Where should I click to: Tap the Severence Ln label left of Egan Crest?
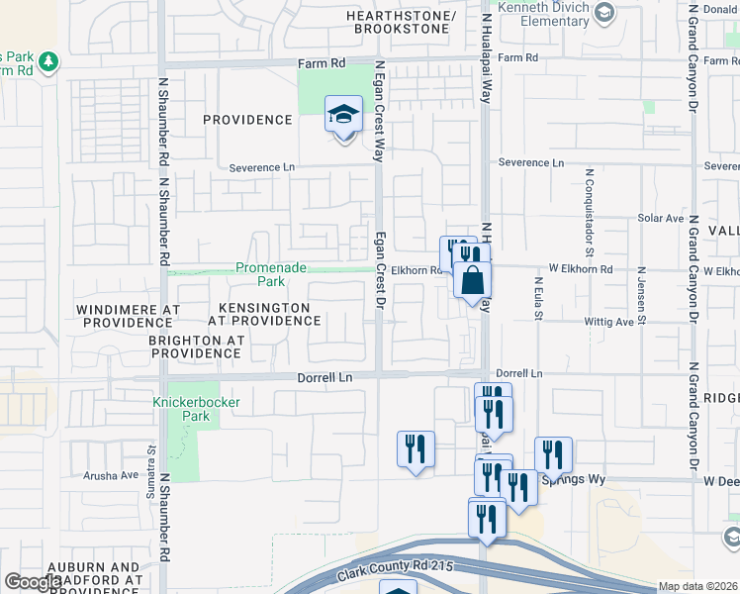tap(262, 167)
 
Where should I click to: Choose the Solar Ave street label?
tap(661, 218)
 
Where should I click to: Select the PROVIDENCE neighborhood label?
tap(247, 120)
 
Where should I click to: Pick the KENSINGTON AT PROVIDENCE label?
tap(263, 315)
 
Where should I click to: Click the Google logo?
tap(34, 582)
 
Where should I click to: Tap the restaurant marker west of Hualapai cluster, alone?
tap(416, 448)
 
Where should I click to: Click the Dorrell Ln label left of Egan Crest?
tap(325, 377)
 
